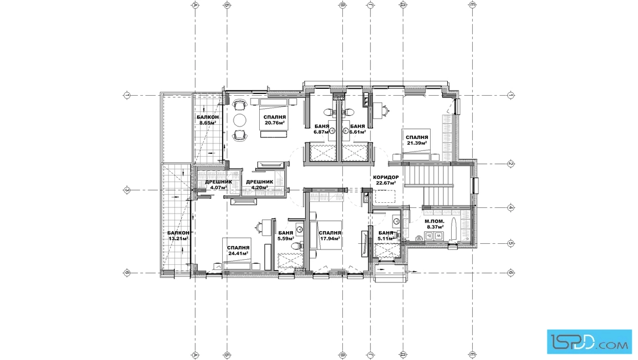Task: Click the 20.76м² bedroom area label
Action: [x=274, y=120]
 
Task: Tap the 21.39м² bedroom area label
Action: [x=417, y=140]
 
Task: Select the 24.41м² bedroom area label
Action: [x=238, y=251]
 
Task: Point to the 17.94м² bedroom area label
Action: [x=330, y=236]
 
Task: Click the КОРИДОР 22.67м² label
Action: [x=386, y=180]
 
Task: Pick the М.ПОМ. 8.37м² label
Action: [x=434, y=224]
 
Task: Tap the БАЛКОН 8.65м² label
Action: [x=207, y=120]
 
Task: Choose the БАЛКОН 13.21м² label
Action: [x=178, y=235]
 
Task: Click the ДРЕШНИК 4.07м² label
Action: [x=219, y=185]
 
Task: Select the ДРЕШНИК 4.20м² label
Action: [x=260, y=185]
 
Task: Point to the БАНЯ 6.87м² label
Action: [x=321, y=129]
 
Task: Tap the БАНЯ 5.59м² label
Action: [x=285, y=236]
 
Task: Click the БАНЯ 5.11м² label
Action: [x=386, y=236]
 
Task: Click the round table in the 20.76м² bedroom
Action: [x=239, y=120]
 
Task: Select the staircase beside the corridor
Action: [x=431, y=183]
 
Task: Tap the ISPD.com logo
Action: [x=589, y=341]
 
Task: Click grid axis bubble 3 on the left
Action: [x=126, y=190]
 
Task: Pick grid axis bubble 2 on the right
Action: [x=510, y=164]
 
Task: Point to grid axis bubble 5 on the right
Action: [x=510, y=243]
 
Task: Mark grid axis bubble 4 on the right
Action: [x=510, y=207]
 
